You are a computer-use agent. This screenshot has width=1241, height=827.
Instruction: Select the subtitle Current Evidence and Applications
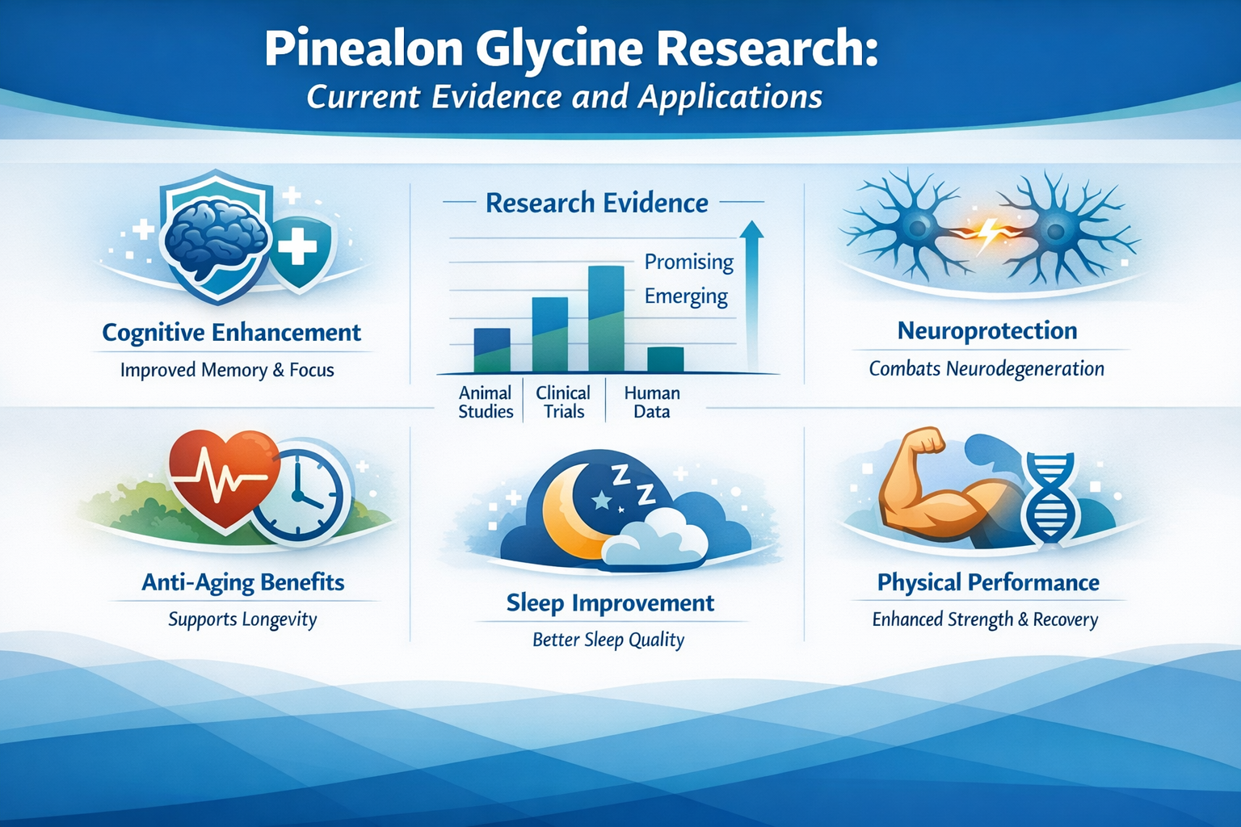coord(564,97)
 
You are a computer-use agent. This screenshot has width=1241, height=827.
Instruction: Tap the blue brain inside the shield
coord(214,235)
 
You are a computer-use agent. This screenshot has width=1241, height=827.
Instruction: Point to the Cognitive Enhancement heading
coord(231,332)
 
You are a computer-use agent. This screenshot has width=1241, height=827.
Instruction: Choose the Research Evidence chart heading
coord(596,203)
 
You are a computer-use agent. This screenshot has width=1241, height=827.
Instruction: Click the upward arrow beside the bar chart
coord(751,291)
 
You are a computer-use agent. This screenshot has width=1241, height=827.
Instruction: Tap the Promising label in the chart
coord(688,262)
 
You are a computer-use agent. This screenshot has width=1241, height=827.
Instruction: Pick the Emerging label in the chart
coord(686,296)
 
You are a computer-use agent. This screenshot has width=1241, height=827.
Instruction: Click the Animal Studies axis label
coord(486,402)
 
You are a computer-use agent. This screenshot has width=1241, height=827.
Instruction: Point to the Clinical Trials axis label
coord(563,402)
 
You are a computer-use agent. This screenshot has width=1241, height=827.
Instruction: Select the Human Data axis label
coord(651,402)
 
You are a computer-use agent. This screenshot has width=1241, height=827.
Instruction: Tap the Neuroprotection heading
coord(986,330)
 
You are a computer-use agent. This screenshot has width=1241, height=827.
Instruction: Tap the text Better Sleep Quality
coord(608,640)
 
